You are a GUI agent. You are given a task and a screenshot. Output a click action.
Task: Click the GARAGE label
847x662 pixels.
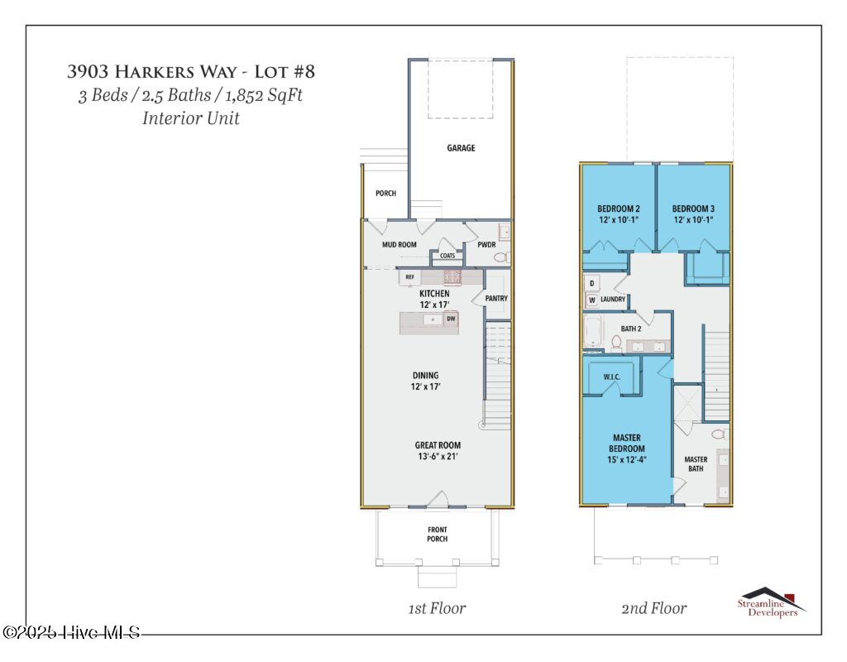461,148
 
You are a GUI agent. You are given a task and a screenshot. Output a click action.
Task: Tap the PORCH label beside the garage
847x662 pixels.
385,194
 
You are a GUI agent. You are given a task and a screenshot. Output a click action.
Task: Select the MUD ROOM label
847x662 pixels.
399,245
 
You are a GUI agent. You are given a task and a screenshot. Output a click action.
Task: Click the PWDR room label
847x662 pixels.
486,245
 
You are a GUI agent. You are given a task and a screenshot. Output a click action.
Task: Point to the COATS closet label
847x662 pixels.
447,256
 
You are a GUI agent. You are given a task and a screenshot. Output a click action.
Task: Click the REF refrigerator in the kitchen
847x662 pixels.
409,277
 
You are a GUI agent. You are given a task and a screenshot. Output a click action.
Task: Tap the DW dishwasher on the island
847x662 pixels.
451,319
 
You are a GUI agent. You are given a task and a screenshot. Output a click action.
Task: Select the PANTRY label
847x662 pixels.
496,299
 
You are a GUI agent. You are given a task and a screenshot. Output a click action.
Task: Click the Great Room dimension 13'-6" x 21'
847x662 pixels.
438,456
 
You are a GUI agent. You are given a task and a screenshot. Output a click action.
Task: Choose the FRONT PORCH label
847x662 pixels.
438,534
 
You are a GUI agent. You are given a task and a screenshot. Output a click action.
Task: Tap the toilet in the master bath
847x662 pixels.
718,434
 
